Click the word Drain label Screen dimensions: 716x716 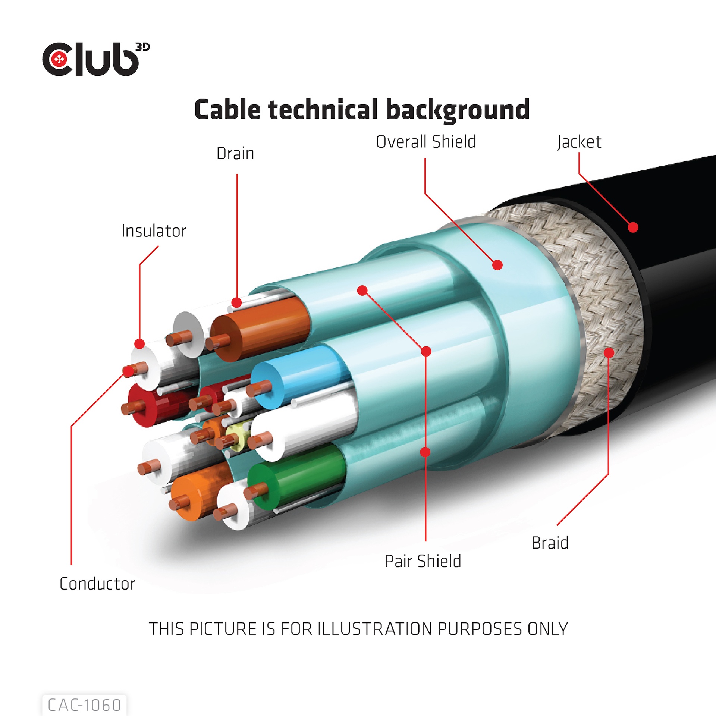coord(235,154)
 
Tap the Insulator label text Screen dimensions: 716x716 coord(154,231)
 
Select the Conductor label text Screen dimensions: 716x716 coord(97,584)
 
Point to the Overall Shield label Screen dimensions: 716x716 coord(425,142)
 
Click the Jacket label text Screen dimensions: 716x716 coord(579,142)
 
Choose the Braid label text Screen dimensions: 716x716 coord(550,543)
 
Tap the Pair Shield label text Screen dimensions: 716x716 coord(423,561)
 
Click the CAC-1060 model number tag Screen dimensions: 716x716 coord(85,705)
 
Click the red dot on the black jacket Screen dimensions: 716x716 coord(633,227)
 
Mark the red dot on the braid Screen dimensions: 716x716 coord(609,352)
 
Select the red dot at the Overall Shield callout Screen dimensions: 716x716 coord(497,265)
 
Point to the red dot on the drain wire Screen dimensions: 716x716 coord(236,302)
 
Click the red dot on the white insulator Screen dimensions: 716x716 coord(139,344)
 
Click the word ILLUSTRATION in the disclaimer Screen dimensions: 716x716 coord(376,629)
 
